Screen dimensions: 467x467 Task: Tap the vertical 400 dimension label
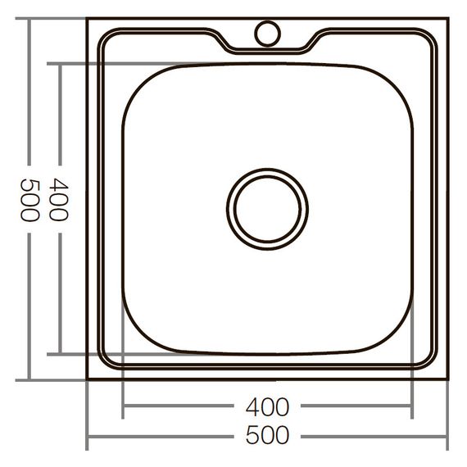tap(60, 200)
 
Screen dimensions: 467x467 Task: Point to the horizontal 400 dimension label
tap(267, 406)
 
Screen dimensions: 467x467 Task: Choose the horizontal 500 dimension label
tap(267, 435)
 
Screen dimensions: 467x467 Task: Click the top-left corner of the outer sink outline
tap(88, 19)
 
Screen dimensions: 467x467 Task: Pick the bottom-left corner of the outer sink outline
tap(88, 379)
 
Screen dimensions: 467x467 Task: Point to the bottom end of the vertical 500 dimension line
tap(29, 379)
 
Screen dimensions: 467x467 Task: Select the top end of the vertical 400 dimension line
tap(61, 63)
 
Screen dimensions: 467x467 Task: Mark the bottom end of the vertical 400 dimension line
tap(61, 354)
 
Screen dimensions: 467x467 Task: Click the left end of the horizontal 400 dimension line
tap(123, 406)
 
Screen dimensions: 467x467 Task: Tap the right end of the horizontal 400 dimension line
tap(412, 406)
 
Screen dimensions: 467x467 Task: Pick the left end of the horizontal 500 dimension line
tap(88, 436)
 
